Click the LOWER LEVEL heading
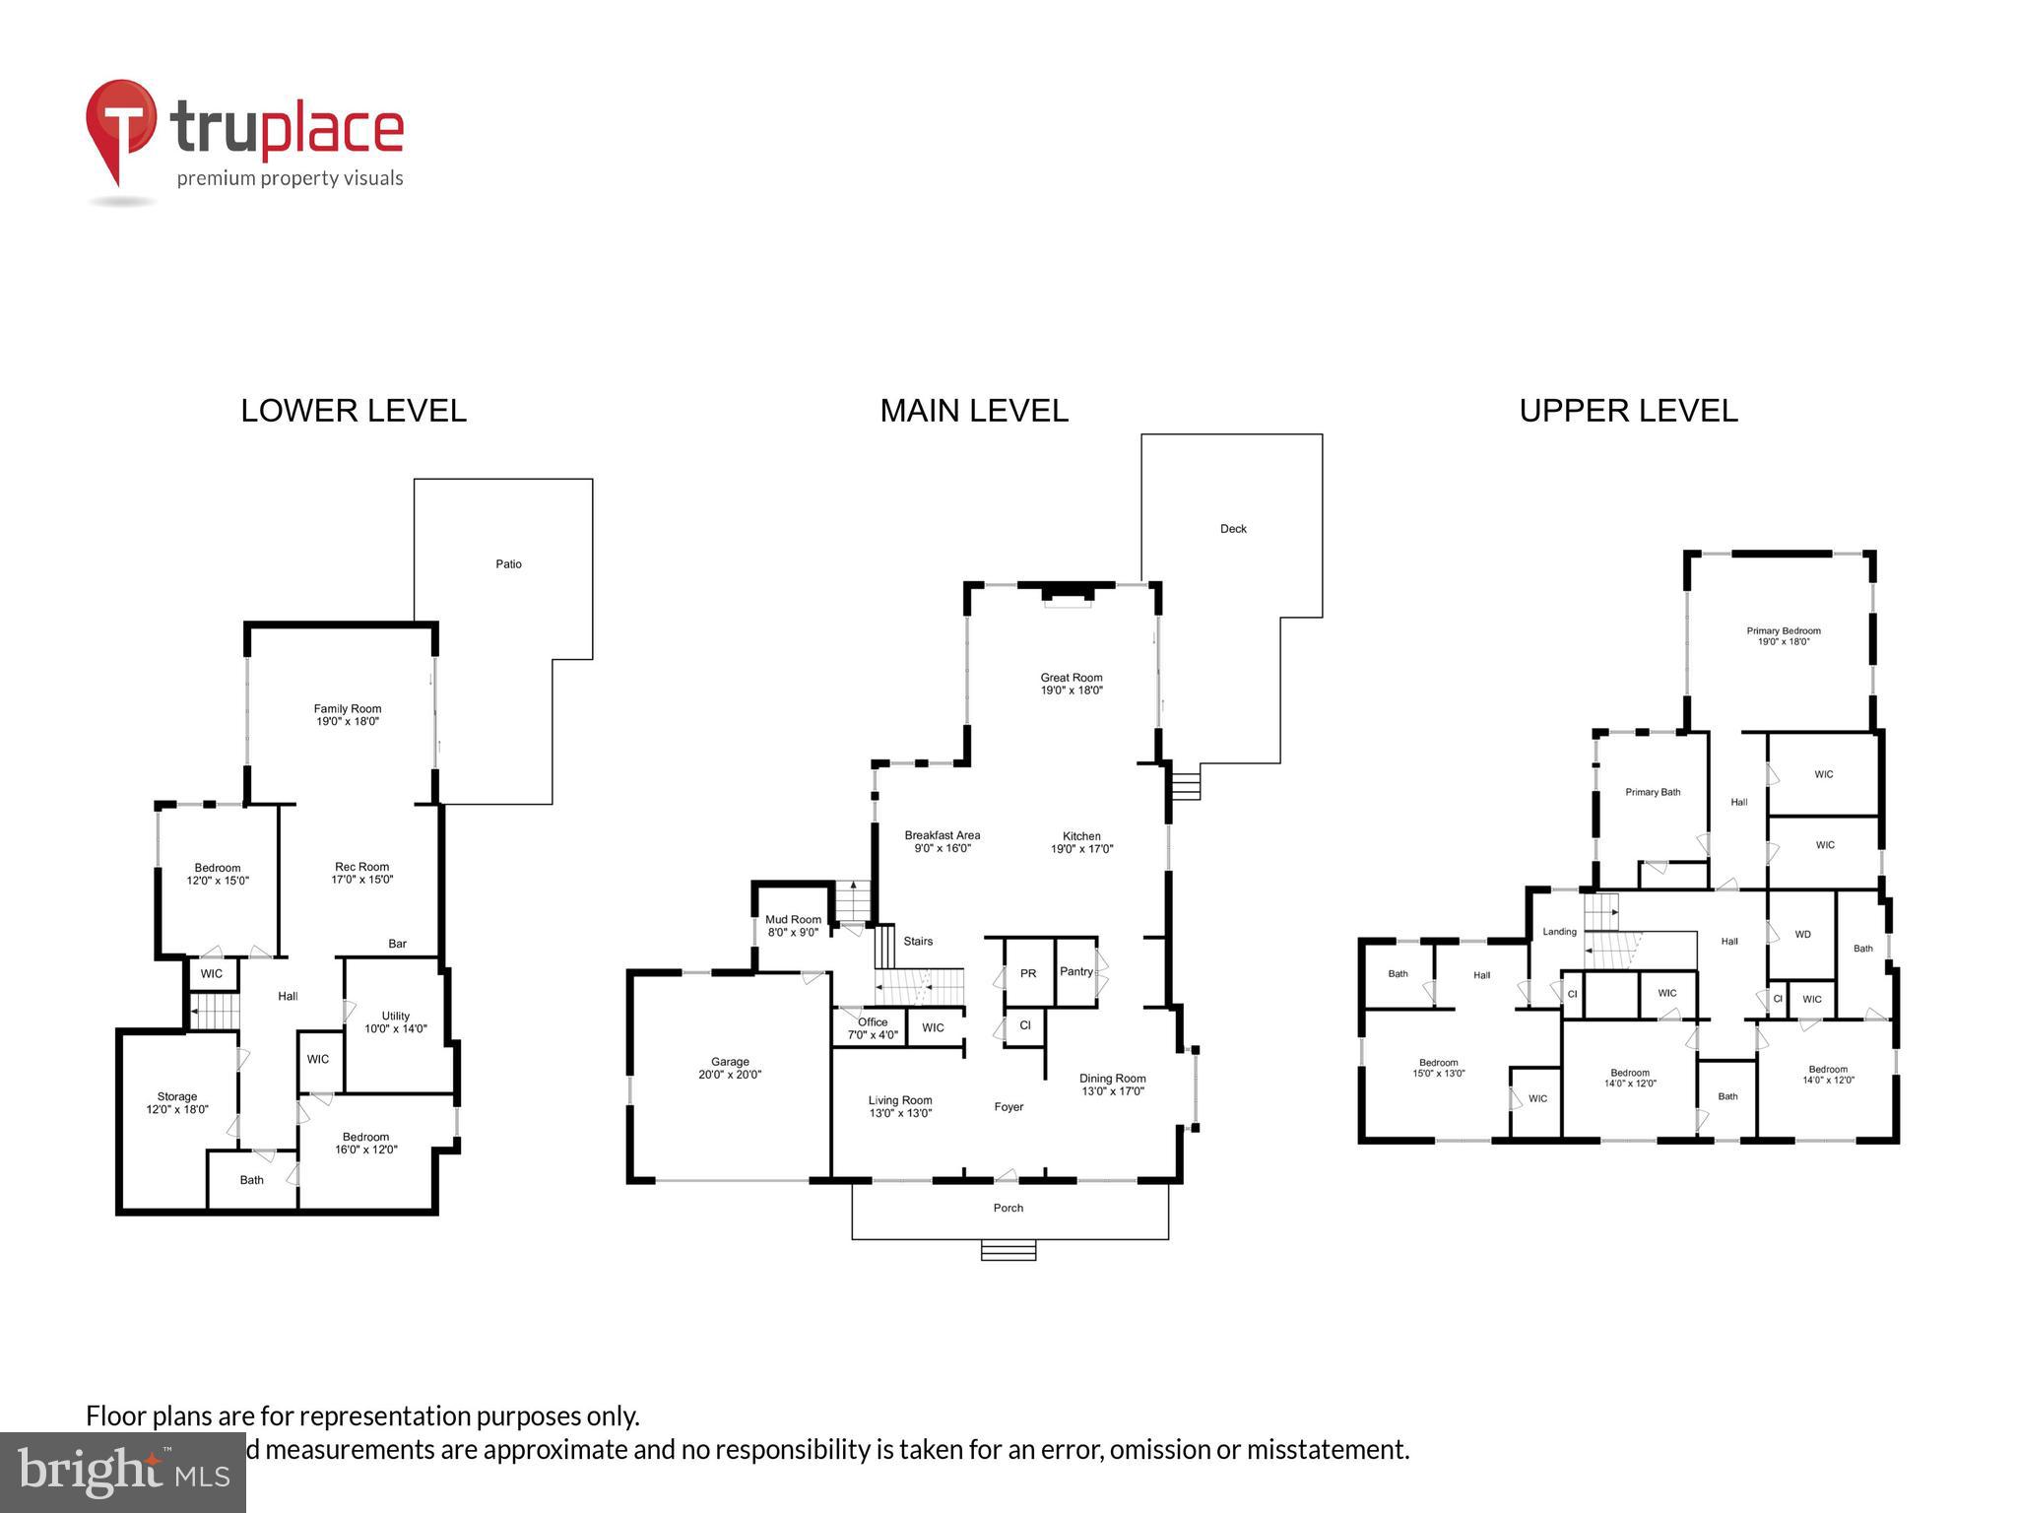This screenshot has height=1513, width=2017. tap(354, 411)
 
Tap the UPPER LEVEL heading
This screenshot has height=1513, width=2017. tap(1628, 411)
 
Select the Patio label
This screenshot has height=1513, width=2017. tap(508, 564)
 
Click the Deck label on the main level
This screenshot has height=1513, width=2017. tap(1233, 529)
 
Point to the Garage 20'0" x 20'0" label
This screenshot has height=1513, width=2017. tap(730, 1068)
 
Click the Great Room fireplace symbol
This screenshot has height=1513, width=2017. tap(1069, 595)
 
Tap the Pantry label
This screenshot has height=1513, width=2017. tap(1075, 971)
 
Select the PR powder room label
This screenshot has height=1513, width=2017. tap(1028, 973)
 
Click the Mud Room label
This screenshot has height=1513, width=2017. tap(793, 925)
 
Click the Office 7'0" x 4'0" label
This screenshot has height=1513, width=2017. tap(873, 1028)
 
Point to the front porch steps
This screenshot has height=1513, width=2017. tap(1008, 1250)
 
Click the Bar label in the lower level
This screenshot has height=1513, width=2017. tap(397, 944)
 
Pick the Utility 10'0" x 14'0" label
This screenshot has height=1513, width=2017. tap(396, 1021)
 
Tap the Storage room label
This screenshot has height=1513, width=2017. tap(177, 1102)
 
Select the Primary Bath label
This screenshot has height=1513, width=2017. tap(1653, 792)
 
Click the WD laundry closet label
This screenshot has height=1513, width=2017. tap(1802, 934)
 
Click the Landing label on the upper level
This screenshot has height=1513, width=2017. tap(1559, 932)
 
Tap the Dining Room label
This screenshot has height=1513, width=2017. tap(1112, 1085)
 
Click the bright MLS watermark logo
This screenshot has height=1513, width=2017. tap(123, 1472)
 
